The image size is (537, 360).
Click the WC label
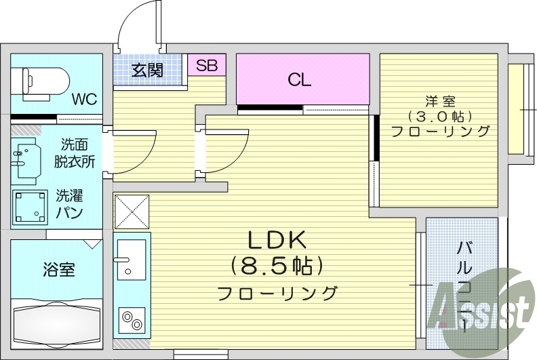(x=85, y=99)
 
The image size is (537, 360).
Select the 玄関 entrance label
(x=147, y=69)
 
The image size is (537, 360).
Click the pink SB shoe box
(x=206, y=66)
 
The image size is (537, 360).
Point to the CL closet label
(x=299, y=80)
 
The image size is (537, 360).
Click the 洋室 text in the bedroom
(x=440, y=102)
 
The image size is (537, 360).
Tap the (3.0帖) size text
(x=439, y=117)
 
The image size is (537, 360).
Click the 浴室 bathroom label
(x=58, y=269)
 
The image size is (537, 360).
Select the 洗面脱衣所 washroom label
(x=75, y=153)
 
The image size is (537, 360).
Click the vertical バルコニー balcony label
(x=464, y=285)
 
